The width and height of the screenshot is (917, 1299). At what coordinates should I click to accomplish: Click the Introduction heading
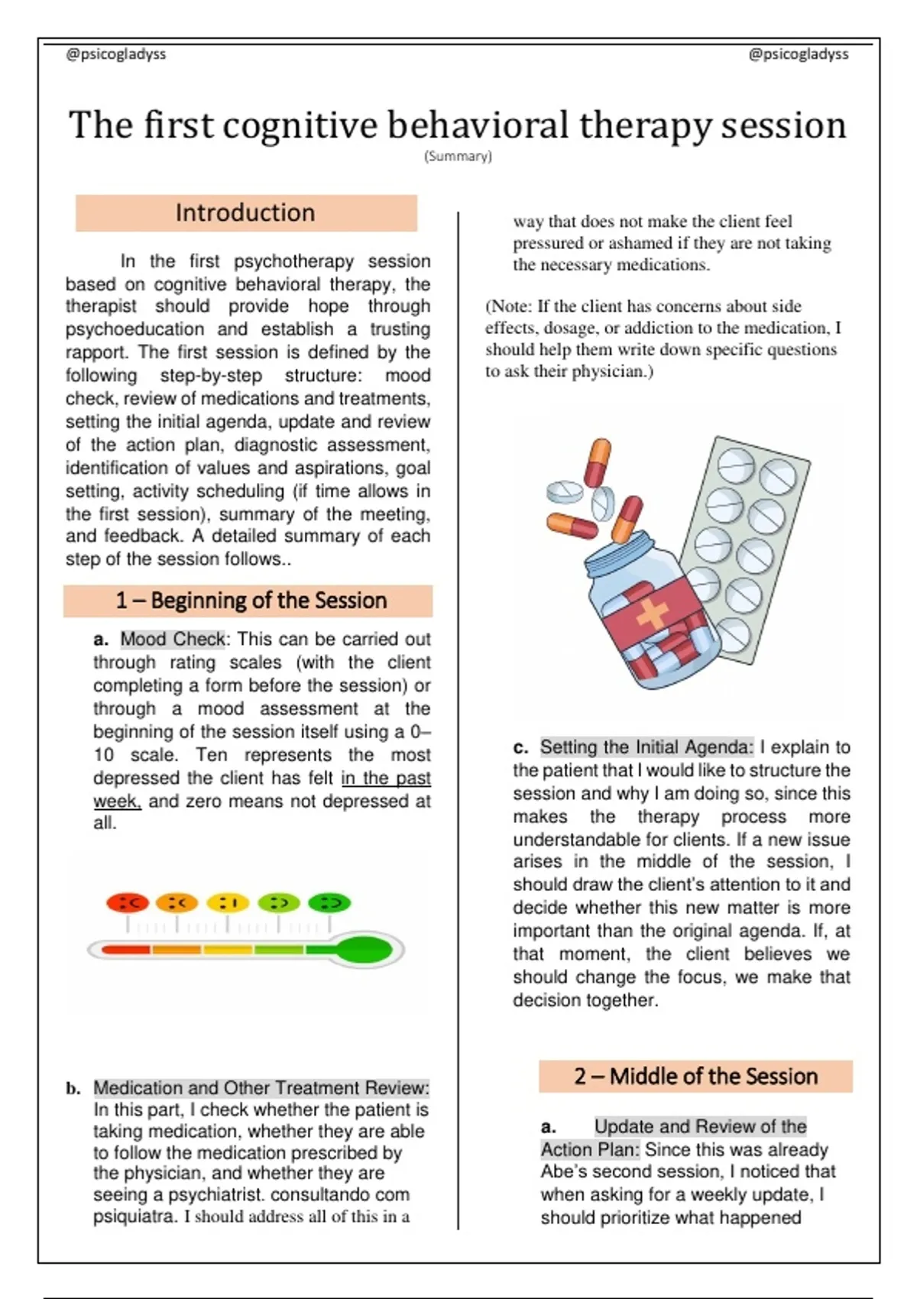point(245,213)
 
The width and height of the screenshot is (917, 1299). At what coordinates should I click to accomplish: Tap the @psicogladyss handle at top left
point(116,54)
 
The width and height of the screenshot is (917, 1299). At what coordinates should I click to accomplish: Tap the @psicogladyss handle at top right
point(799,54)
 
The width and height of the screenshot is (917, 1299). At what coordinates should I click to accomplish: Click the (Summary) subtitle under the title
point(458,156)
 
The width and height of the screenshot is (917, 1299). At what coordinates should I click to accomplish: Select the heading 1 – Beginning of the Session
point(251,600)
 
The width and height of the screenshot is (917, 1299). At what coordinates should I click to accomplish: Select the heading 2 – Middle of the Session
point(696,1077)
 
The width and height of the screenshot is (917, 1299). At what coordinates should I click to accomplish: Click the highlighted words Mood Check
point(173,639)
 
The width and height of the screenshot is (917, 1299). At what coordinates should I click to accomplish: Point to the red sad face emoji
point(128,902)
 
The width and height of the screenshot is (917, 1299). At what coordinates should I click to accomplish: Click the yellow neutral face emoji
point(228,902)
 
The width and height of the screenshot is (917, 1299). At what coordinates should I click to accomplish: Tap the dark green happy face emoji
point(329,902)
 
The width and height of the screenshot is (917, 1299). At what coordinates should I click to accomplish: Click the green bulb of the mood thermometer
point(365,950)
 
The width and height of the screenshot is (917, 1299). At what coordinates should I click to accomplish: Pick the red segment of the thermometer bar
point(126,950)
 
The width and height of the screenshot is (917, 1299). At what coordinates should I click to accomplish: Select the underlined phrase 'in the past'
point(386,778)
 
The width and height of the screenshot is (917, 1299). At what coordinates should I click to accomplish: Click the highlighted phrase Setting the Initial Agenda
point(646,747)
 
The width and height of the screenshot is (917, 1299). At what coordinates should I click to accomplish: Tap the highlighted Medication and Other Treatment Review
point(261,1088)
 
